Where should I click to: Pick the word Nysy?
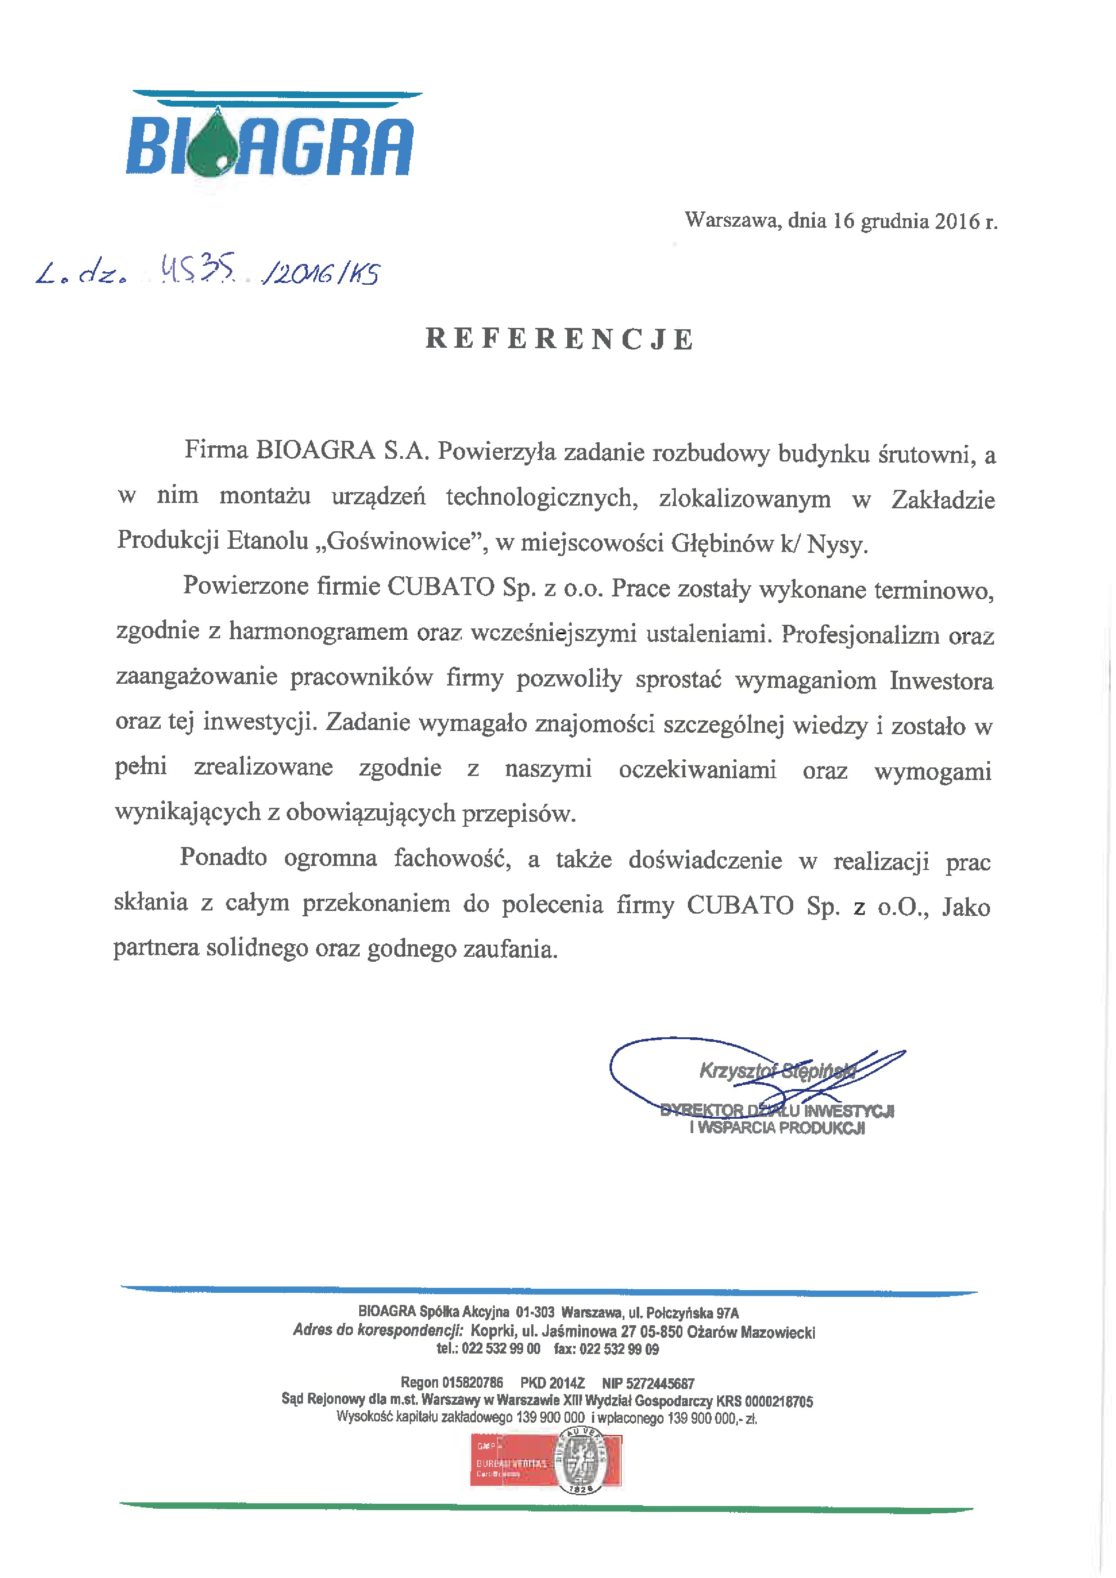click(x=837, y=544)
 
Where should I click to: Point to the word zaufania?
click(x=510, y=949)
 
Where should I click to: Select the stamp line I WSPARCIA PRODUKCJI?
click(x=777, y=1128)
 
